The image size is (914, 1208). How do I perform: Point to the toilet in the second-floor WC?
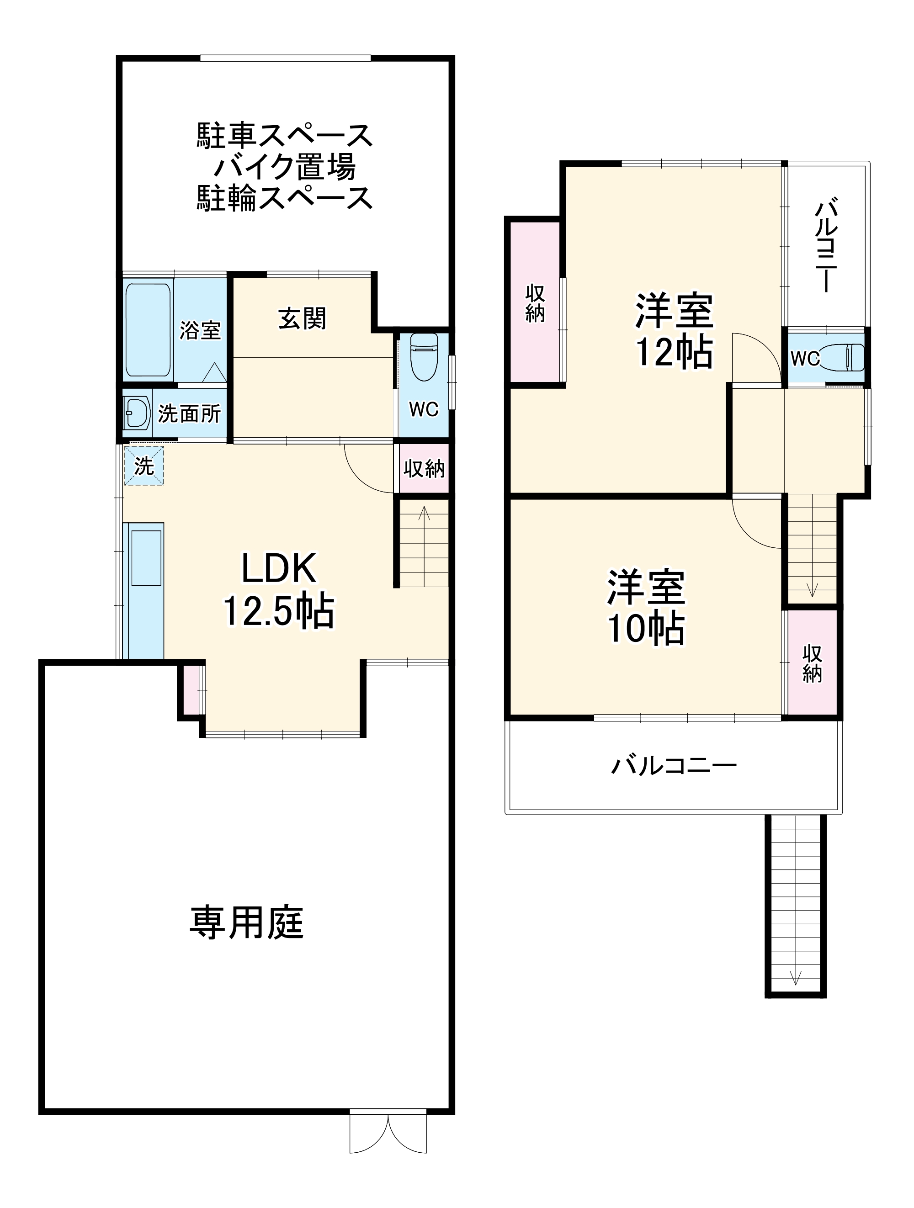[853, 357]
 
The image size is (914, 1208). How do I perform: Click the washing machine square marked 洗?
[143, 466]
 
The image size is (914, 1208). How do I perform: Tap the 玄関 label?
[302, 318]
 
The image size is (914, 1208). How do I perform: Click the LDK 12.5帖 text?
[279, 590]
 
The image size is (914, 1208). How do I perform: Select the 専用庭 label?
[246, 922]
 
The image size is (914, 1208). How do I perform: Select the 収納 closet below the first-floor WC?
[424, 469]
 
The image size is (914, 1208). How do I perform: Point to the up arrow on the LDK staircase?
[424, 514]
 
